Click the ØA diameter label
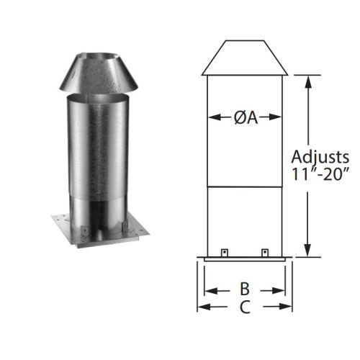click(246, 117)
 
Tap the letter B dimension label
click(245, 289)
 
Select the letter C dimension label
click(245, 307)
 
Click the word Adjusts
click(320, 158)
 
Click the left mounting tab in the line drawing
click(225, 253)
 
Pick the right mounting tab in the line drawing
click(265, 253)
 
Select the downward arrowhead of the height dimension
click(307, 250)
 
